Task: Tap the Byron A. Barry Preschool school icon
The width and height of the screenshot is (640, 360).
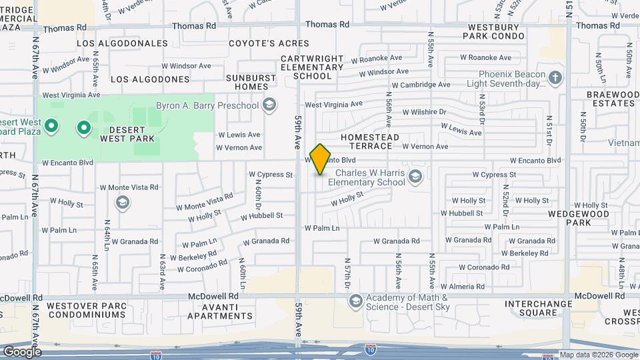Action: point(269,105)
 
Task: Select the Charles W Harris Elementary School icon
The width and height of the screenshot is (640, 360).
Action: point(415,176)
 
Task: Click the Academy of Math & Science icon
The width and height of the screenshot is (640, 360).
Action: point(355,302)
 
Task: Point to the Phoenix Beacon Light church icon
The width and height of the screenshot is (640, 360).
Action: point(555,79)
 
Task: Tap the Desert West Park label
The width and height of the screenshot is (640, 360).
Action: point(127,133)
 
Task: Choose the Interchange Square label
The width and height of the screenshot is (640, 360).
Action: point(539,308)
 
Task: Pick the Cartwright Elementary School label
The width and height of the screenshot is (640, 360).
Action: point(312,67)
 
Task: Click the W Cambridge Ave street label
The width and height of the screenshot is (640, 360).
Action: point(421,85)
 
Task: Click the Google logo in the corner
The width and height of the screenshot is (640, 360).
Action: point(22,352)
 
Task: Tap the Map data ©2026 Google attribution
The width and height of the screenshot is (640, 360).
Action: point(599,355)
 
